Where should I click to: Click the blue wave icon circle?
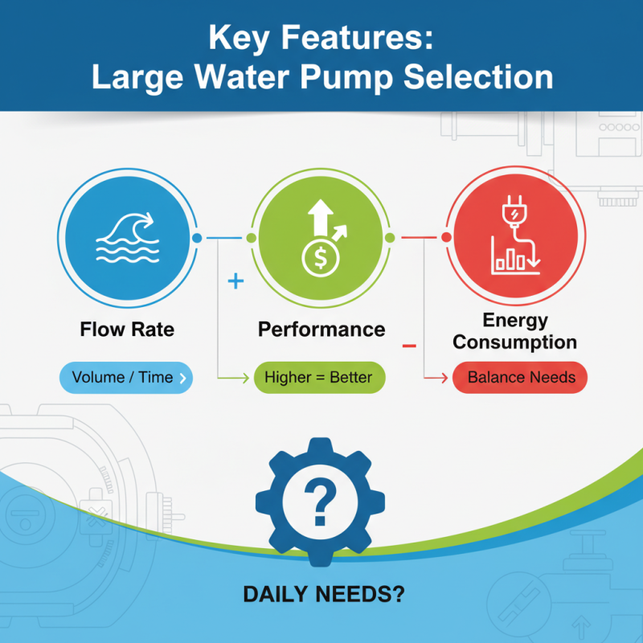[x=128, y=238]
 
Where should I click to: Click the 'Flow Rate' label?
[x=127, y=330]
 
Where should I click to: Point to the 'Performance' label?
[x=321, y=330]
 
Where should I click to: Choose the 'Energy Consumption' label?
[x=514, y=331]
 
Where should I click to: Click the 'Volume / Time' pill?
[x=126, y=377]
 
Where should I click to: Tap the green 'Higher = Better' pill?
[x=319, y=377]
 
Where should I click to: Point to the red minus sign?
[x=408, y=346]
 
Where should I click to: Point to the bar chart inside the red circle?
[x=512, y=260]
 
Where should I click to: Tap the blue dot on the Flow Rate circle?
[x=197, y=238]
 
